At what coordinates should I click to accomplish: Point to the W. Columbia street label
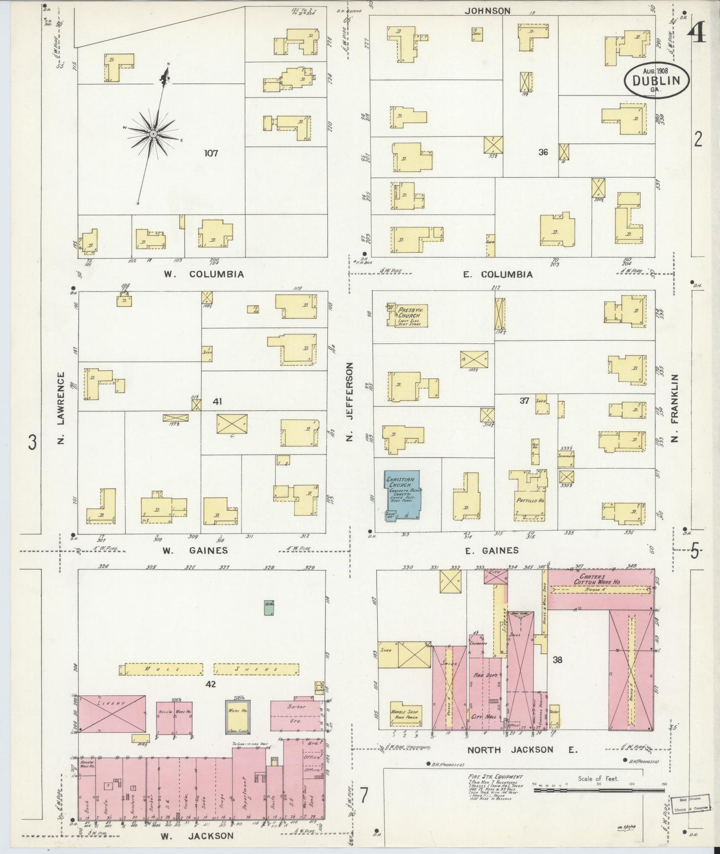coord(203,274)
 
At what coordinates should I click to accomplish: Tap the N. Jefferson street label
coord(349,402)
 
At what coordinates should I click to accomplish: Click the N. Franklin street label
coord(675,406)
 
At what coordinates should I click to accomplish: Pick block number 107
coord(211,153)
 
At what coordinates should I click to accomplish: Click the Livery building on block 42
coord(113,714)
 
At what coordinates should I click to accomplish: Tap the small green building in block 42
coord(269,607)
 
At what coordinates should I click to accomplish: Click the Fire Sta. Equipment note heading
coord(495,776)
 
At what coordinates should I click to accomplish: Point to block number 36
coord(543,152)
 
